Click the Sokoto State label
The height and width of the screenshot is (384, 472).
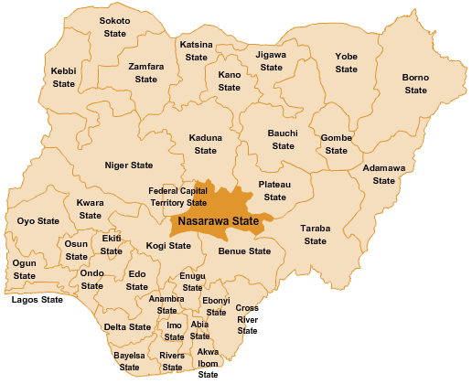114,27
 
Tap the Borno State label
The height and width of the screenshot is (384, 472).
415,84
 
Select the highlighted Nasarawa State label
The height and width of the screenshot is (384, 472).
219,221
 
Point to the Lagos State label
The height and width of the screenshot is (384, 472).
37,300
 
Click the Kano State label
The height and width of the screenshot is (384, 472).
229,80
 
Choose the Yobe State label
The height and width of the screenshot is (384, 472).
346,63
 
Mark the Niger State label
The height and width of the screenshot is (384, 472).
129,165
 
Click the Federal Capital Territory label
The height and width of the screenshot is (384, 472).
178,197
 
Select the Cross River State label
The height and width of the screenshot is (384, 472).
247,319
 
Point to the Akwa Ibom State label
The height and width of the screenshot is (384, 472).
209,363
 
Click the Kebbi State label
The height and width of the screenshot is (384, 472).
63,77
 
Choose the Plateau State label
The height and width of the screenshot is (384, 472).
274,190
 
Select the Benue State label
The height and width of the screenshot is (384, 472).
245,251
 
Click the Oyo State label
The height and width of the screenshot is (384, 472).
38,221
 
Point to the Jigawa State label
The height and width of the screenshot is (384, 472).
271,61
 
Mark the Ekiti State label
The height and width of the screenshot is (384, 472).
112,244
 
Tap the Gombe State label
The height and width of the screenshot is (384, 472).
337,144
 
